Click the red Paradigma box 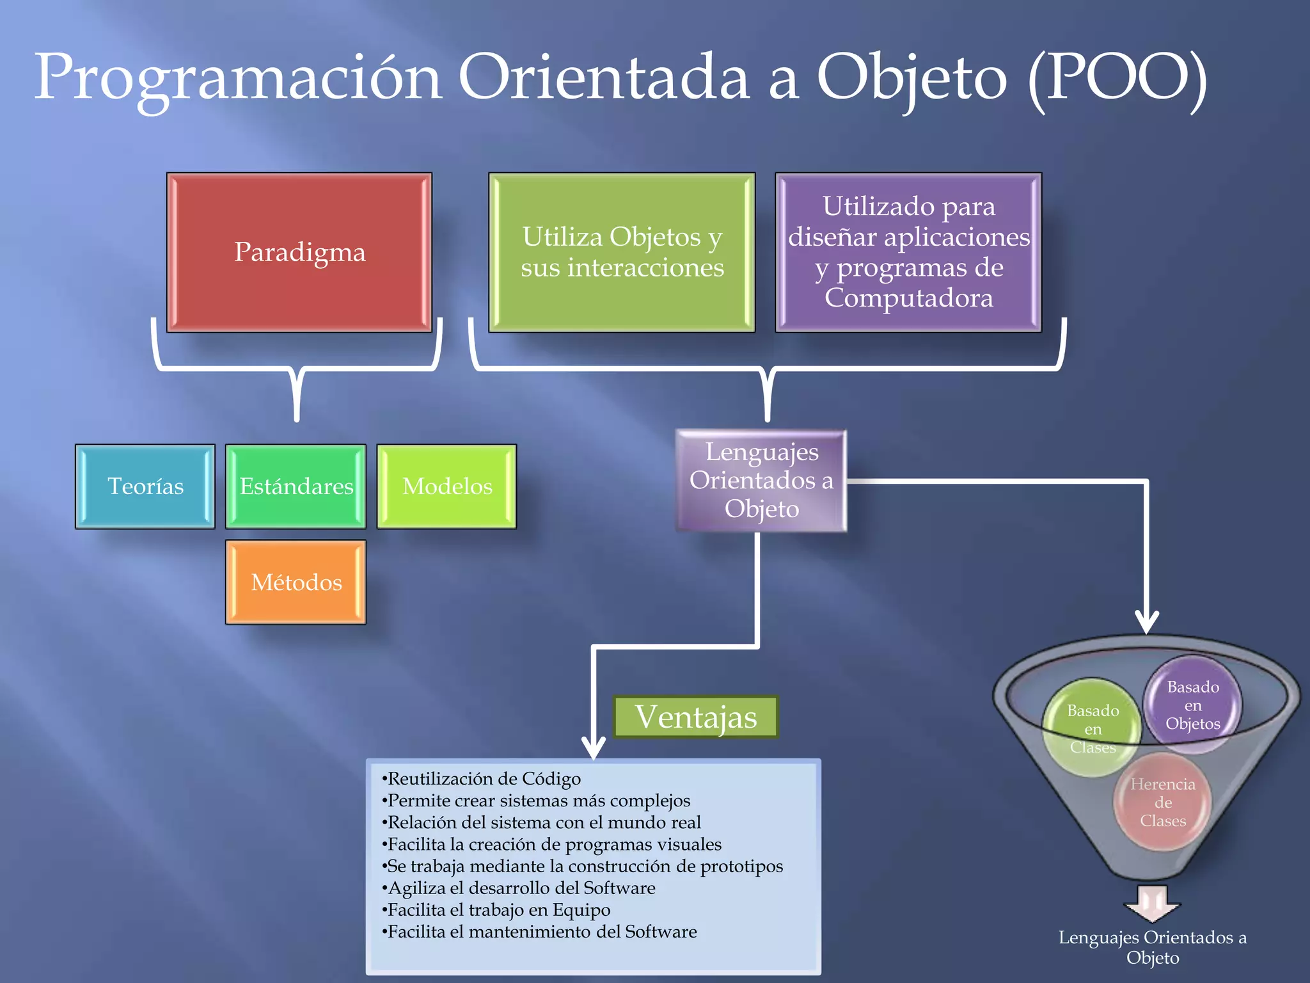click(x=299, y=252)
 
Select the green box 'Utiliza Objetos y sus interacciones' click(x=622, y=252)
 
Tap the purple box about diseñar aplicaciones click(x=908, y=252)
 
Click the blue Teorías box click(x=145, y=486)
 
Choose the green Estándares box click(x=296, y=486)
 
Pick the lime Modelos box click(x=447, y=486)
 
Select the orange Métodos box click(x=296, y=582)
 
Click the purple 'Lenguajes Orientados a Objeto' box click(x=761, y=481)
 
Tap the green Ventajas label click(x=696, y=717)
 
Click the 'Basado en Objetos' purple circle click(x=1192, y=705)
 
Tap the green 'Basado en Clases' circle click(x=1092, y=728)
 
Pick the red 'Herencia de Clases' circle click(x=1162, y=803)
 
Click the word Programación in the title click(x=238, y=78)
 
